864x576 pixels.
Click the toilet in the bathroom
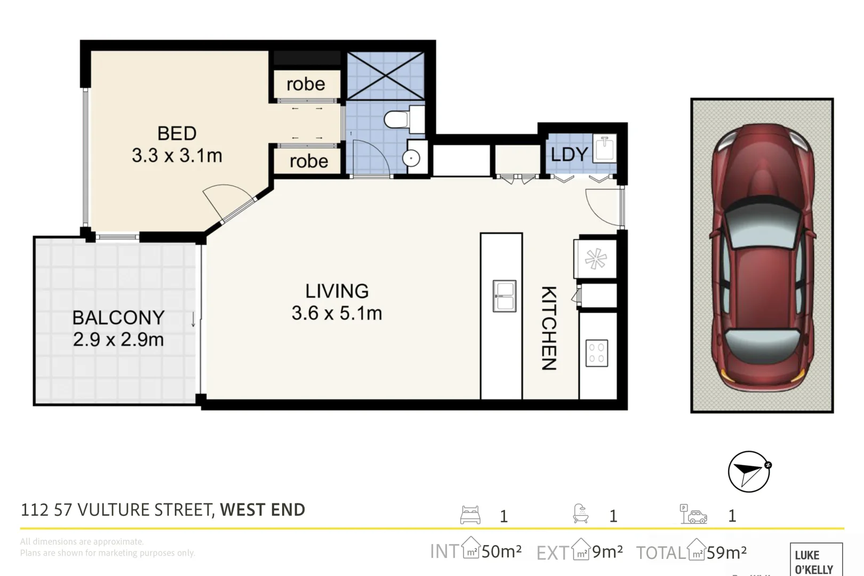(397, 119)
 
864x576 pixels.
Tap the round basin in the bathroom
(411, 158)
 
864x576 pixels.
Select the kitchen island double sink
(504, 296)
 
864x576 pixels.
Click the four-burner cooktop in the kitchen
(596, 353)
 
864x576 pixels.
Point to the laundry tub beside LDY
(605, 149)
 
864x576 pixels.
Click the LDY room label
(569, 155)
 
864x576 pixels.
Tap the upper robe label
(306, 84)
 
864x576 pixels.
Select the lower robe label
(309, 161)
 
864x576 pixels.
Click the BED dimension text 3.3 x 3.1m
(177, 156)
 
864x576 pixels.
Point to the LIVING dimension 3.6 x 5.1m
(337, 313)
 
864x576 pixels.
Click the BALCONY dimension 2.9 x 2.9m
(118, 340)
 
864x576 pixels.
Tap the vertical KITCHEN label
(549, 328)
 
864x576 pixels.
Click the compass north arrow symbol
(749, 471)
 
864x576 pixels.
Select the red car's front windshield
(763, 227)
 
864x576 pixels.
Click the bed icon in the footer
(470, 515)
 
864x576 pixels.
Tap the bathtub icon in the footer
(581, 514)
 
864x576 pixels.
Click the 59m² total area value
(726, 553)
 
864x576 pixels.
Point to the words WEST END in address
(262, 510)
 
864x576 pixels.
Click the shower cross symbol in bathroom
(386, 76)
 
